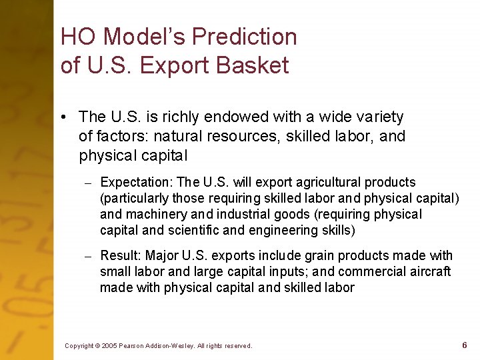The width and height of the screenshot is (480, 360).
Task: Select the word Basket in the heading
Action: (x=255, y=66)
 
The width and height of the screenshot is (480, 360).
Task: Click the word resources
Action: (x=255, y=137)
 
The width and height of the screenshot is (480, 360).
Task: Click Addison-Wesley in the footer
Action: (x=169, y=346)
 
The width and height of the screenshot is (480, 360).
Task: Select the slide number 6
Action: (x=464, y=345)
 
